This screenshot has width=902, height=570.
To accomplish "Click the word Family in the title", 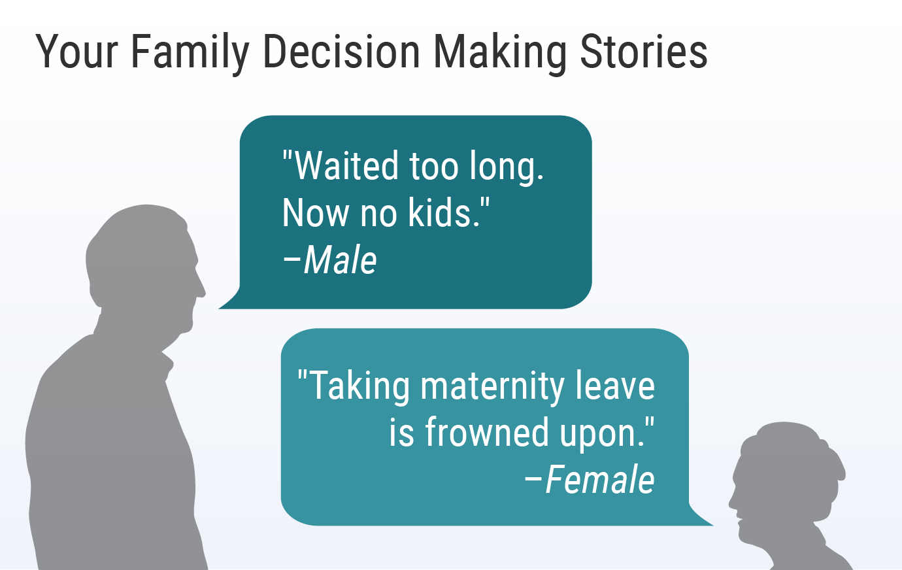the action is (190, 52).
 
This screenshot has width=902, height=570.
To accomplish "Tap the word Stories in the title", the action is (643, 52).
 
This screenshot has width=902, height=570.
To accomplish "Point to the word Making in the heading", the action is (500, 53).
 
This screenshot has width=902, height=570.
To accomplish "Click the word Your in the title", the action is (76, 52).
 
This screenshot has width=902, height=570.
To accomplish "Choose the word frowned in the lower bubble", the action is (486, 432).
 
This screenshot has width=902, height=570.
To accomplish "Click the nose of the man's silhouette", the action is (201, 289).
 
